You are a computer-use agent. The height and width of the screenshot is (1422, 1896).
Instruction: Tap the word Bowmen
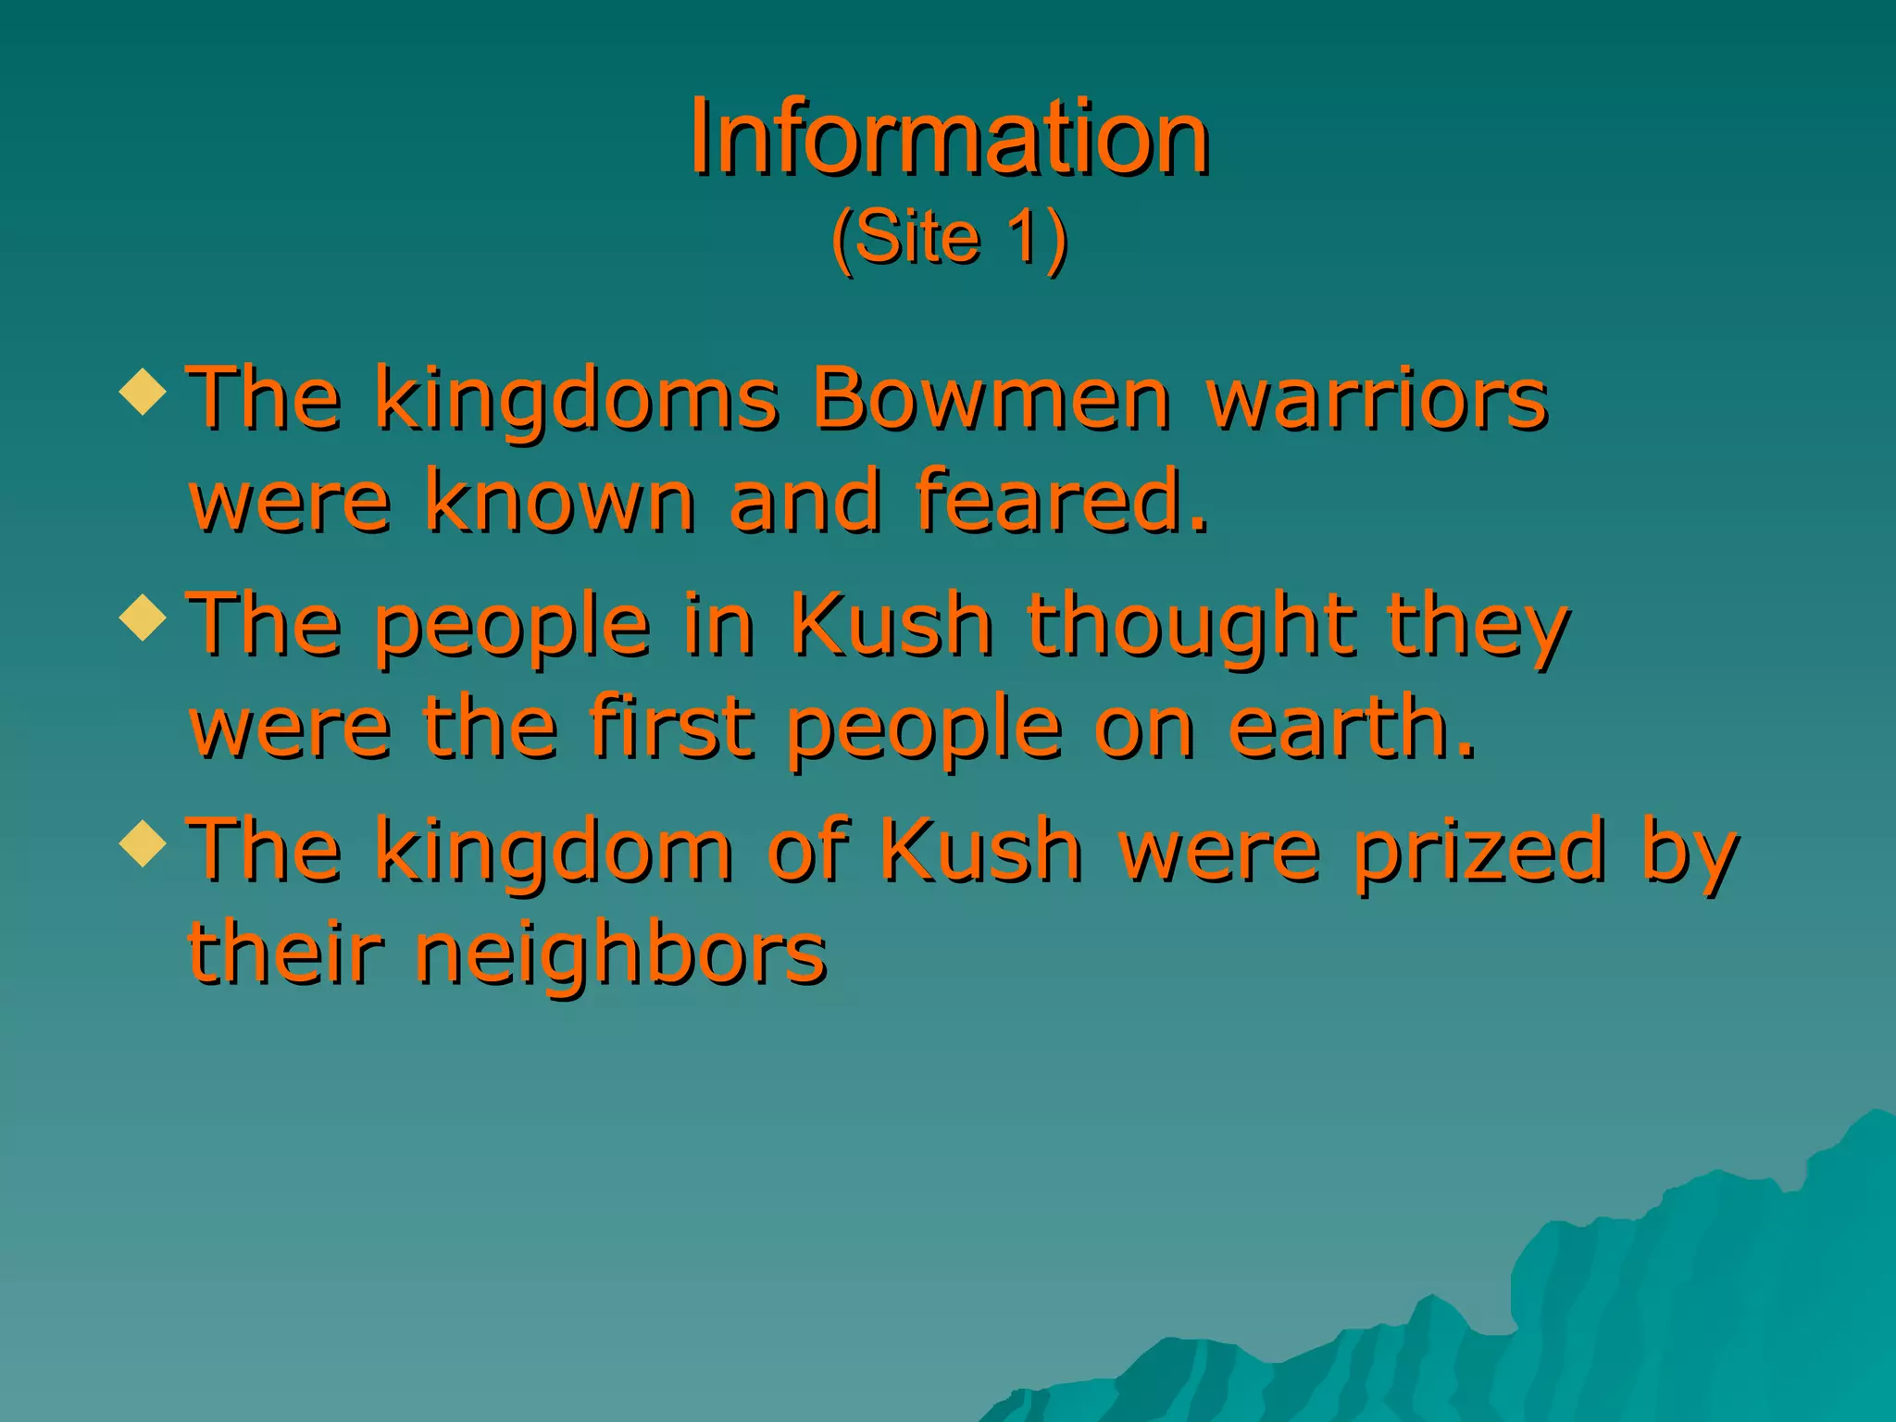992,399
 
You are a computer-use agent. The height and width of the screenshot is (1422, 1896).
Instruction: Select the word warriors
1378,399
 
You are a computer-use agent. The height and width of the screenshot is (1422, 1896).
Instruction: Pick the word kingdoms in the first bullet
577,401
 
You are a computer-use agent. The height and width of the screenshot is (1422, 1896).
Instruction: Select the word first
670,727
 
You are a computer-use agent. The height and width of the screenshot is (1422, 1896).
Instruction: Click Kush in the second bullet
892,625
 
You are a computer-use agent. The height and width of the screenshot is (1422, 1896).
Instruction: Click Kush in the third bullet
980,850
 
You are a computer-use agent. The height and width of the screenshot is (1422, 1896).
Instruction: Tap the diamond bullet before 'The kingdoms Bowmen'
143,392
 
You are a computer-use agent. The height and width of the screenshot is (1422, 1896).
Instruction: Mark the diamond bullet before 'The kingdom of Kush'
143,842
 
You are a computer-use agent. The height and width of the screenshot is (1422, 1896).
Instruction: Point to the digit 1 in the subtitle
1025,238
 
